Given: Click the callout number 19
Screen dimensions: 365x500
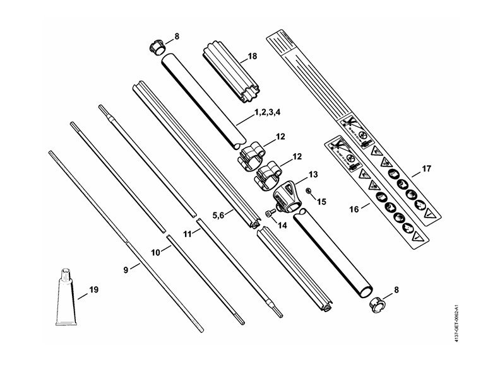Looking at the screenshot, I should pos(93,291).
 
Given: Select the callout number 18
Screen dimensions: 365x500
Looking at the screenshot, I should pos(252,56).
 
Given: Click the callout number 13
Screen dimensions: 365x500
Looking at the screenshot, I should pos(312,174).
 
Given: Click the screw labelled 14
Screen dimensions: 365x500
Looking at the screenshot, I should pos(268,214).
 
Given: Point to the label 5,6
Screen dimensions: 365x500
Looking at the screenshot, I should pos(219,215).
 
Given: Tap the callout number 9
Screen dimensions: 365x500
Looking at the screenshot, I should pos(126,269).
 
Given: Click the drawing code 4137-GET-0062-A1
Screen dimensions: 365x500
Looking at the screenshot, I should pos(491,321).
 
